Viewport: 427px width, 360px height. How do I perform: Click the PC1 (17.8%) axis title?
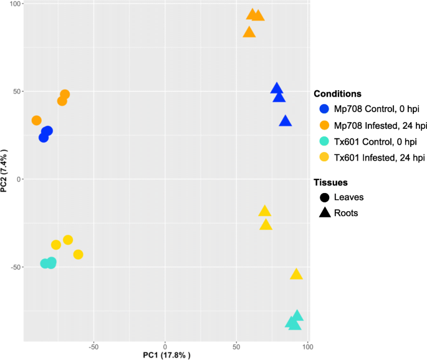[x=166, y=355]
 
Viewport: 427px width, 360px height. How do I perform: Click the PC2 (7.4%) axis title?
[x=4, y=171]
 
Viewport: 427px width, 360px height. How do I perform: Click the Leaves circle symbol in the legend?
[x=324, y=197]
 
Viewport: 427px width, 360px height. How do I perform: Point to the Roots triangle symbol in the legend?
[x=325, y=213]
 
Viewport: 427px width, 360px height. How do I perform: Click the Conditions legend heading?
[x=337, y=93]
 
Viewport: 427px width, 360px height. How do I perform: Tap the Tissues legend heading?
[x=330, y=182]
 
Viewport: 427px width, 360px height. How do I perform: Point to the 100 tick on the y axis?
[x=15, y=4]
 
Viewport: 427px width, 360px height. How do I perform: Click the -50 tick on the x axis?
[x=94, y=347]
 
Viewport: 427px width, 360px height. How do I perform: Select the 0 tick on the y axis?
[x=19, y=179]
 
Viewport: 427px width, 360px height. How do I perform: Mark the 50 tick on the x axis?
[x=236, y=347]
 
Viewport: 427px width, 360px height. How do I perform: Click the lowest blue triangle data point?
[x=285, y=121]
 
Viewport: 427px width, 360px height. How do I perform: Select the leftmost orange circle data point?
[x=37, y=120]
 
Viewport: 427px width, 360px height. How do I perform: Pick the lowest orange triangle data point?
[x=249, y=32]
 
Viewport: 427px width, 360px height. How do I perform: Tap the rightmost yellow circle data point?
[x=78, y=254]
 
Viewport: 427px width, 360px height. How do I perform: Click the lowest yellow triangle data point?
[x=296, y=274]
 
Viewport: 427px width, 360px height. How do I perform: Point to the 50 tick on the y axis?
[x=17, y=92]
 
